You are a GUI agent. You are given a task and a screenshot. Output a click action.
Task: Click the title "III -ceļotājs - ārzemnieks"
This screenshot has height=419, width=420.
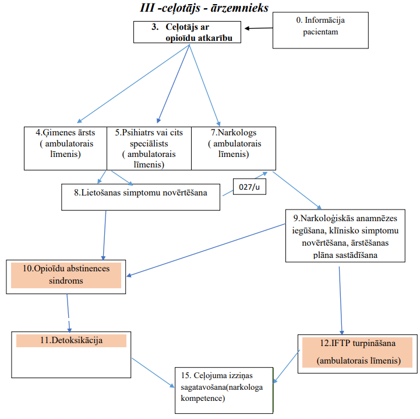click(x=204, y=8)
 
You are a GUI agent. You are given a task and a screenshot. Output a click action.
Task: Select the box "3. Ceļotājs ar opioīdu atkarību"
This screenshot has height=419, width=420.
click(x=187, y=32)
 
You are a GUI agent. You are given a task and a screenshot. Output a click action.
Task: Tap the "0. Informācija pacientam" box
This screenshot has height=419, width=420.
click(x=320, y=30)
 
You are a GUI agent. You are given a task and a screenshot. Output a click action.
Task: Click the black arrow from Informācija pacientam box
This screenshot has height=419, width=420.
click(x=259, y=28)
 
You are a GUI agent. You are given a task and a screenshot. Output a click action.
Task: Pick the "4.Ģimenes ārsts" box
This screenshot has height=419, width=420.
click(x=65, y=148)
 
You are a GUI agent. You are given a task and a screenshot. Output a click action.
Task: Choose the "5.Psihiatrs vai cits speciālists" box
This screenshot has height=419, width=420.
click(x=149, y=148)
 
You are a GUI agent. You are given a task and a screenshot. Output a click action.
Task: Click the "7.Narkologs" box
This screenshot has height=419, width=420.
click(x=234, y=148)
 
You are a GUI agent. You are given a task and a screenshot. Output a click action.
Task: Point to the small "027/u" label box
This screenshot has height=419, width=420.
click(x=249, y=187)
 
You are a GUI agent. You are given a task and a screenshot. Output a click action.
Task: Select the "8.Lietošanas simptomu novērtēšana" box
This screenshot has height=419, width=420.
click(x=140, y=197)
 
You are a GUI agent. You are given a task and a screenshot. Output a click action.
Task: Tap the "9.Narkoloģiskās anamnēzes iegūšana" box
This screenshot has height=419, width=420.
click(x=345, y=236)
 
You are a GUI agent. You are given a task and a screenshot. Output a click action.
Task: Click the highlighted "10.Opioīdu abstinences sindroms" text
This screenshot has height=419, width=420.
click(x=66, y=275)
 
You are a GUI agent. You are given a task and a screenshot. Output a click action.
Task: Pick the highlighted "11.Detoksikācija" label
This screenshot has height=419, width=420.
click(x=71, y=340)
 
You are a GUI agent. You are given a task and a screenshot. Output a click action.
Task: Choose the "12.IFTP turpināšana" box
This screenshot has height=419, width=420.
click(x=357, y=354)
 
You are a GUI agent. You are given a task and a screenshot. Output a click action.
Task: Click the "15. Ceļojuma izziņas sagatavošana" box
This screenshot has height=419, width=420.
click(x=224, y=390)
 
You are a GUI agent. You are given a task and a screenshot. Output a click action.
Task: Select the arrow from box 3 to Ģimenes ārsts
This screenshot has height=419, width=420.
click(x=133, y=84)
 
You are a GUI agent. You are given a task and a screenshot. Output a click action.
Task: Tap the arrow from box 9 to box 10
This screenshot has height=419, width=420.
click(x=206, y=250)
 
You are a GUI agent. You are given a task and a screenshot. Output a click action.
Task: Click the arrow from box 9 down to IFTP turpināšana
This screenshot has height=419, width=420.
click(x=341, y=301)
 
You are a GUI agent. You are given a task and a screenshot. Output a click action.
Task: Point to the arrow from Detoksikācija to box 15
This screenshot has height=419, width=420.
click(x=153, y=372)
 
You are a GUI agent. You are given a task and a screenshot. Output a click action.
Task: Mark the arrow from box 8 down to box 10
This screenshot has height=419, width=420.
click(x=104, y=235)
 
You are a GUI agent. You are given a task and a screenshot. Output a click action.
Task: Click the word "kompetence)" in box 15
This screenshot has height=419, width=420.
click(x=203, y=399)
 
